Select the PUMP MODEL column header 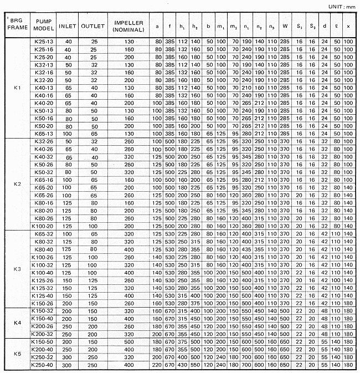pyautogui.click(x=44, y=25)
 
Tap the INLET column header pyautogui.click(x=68, y=25)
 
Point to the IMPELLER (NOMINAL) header pyautogui.click(x=128, y=25)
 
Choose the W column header pyautogui.click(x=284, y=25)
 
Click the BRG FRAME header pyautogui.click(x=16, y=25)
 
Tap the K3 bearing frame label pyautogui.click(x=16, y=269)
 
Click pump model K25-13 pyautogui.click(x=44, y=42)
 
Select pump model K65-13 pyautogui.click(x=44, y=133)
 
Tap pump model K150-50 pyautogui.click(x=44, y=343)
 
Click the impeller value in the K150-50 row pyautogui.click(x=128, y=343)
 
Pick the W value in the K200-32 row pyautogui.click(x=284, y=334)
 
